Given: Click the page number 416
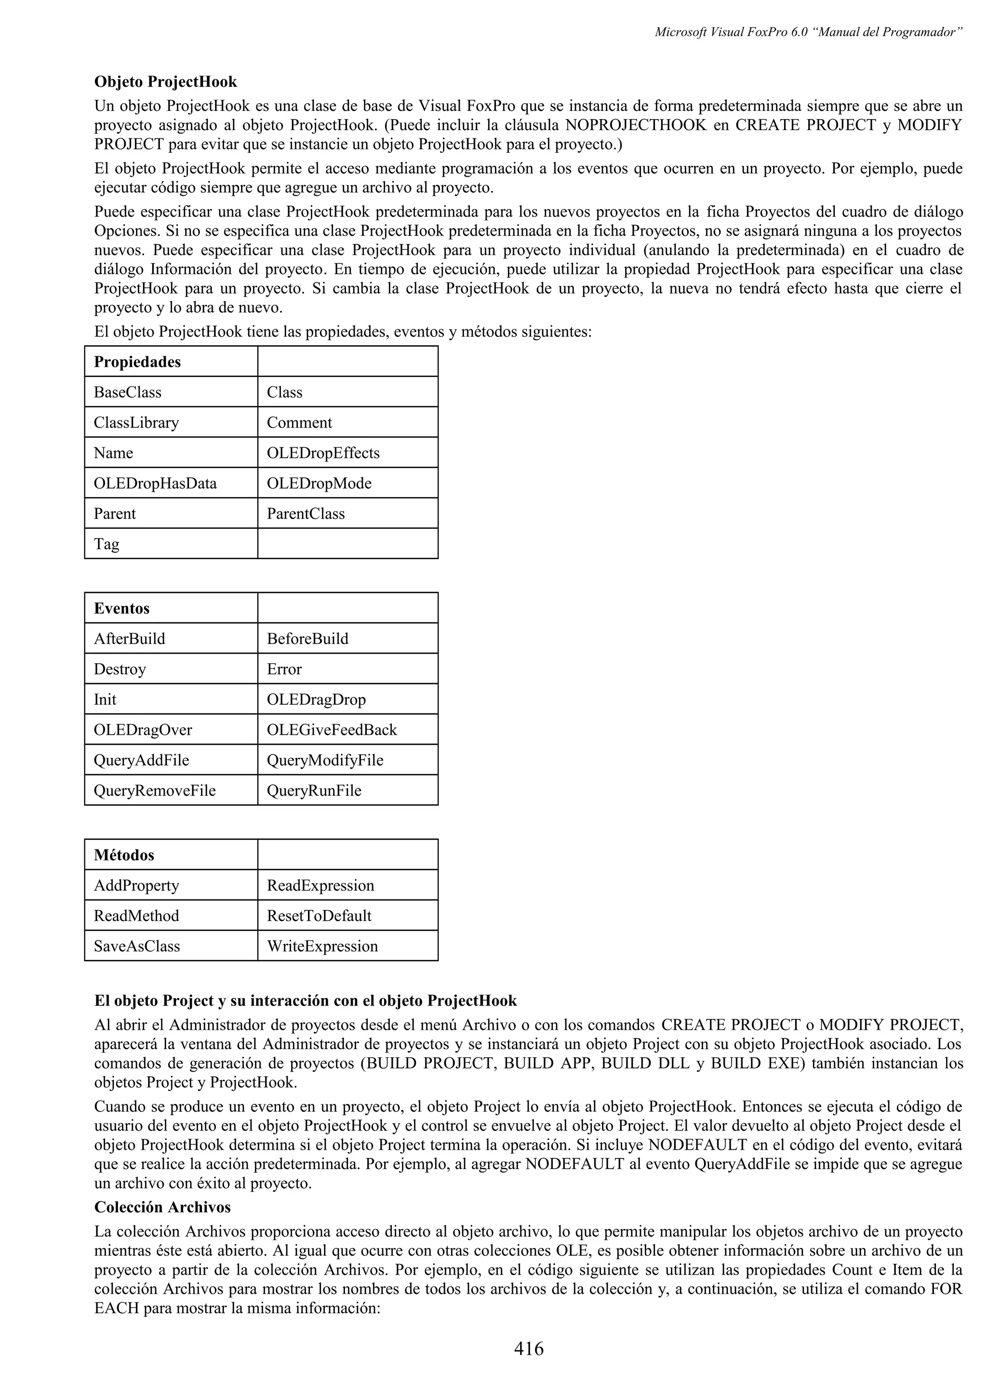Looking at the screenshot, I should pos(529,1348).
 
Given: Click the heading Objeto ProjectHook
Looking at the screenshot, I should pos(165,81).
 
